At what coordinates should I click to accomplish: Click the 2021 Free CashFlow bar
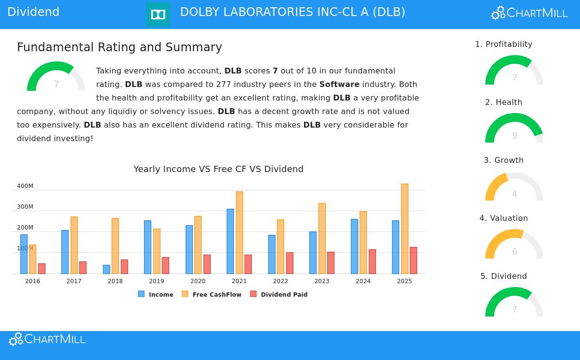pos(239,232)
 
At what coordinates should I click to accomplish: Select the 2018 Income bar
pos(106,269)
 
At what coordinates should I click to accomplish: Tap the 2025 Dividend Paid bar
pos(413,260)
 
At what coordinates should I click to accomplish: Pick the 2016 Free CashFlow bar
pos(32,259)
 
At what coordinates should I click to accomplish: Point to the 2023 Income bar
pos(313,252)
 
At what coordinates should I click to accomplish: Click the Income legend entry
pos(156,294)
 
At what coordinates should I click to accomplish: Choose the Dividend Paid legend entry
pos(279,294)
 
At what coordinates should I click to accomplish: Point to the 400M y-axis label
pos(25,186)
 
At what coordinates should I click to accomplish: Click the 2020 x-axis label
pos(198,281)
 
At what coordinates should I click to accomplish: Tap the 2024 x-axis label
pos(363,281)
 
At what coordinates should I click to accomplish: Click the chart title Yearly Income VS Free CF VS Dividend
pos(218,169)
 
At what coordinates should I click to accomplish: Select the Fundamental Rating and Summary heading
pos(119,47)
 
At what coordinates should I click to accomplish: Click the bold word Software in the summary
pos(339,85)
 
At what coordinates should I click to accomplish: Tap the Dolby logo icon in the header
pos(158,14)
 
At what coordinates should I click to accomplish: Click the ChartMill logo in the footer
pos(47,340)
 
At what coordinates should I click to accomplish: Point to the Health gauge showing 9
pos(514,129)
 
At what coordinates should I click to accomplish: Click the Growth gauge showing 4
pos(514,187)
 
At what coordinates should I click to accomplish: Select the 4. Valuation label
pos(504,218)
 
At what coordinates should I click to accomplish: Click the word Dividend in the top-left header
pos(33,13)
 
